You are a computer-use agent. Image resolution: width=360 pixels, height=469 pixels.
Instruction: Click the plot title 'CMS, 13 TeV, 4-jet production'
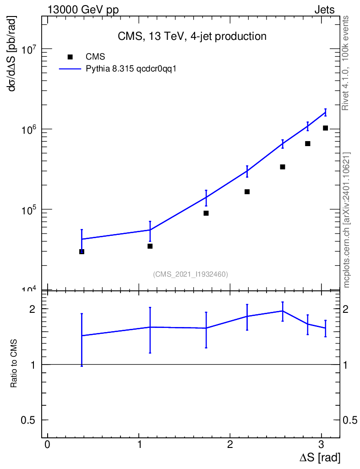tap(192, 36)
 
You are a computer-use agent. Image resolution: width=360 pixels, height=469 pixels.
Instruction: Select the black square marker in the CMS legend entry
tap(70, 57)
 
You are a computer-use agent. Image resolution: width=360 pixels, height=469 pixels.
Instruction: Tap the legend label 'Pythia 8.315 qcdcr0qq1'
tap(131, 69)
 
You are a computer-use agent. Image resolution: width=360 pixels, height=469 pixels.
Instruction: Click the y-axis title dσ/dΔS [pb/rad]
tap(12, 54)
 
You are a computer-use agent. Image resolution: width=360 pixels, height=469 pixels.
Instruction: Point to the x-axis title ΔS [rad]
tap(320, 458)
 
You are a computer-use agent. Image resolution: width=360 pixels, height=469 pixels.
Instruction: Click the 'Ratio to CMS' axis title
tap(13, 363)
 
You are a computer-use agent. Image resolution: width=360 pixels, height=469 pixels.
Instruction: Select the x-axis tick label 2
tap(229, 444)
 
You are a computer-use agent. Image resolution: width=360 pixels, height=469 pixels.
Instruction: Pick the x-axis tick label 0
tap(47, 444)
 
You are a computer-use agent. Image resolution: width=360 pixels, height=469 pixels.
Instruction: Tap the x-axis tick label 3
tap(321, 444)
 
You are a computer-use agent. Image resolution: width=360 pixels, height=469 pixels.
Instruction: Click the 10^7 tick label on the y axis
tap(28, 49)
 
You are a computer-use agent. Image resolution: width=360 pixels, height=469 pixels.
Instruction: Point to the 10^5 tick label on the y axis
tap(28, 210)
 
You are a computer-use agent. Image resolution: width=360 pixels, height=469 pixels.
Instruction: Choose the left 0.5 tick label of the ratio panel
tap(28, 420)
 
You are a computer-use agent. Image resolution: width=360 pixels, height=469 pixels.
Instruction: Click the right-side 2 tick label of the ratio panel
tap(345, 309)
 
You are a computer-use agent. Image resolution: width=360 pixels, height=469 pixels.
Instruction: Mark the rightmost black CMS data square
tap(325, 128)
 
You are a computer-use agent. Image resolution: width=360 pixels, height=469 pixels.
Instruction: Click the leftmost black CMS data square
tap(82, 251)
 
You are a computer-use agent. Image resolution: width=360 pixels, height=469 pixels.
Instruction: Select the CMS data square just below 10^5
tap(206, 213)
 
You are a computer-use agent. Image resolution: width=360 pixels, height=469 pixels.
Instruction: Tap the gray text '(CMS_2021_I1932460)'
tap(191, 274)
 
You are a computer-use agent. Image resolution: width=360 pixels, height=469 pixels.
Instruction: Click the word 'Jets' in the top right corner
tap(324, 10)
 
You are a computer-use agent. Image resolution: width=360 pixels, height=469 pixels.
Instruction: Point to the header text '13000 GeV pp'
tap(83, 10)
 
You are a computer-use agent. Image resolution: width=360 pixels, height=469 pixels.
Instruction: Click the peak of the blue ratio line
tap(283, 311)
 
